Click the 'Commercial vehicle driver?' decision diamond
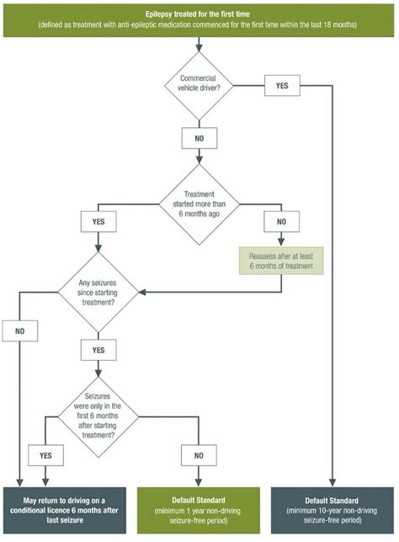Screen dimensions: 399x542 pyautogui.click(x=199, y=86)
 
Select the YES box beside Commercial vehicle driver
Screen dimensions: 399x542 pyautogui.click(x=282, y=85)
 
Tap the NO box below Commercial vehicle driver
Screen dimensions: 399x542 pyautogui.click(x=199, y=138)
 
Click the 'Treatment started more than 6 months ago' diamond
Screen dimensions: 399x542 pyautogui.click(x=199, y=204)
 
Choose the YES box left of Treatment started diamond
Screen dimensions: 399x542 pyautogui.click(x=98, y=222)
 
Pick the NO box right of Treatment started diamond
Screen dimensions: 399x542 pyautogui.click(x=281, y=222)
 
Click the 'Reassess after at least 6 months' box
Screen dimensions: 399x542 pyautogui.click(x=281, y=261)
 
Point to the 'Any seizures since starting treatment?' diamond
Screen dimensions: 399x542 pyautogui.click(x=98, y=292)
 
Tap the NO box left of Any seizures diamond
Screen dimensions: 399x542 pyautogui.click(x=19, y=331)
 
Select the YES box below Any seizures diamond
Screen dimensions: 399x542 pyautogui.click(x=98, y=350)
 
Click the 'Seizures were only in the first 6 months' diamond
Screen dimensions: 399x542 pyautogui.click(x=98, y=417)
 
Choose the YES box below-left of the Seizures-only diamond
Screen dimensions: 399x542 pyautogui.click(x=45, y=455)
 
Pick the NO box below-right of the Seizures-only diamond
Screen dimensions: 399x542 pyautogui.click(x=199, y=455)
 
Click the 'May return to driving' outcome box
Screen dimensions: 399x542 pyautogui.click(x=65, y=511)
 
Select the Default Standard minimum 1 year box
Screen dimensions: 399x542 pyautogui.click(x=199, y=511)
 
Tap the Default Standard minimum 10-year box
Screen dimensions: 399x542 pyautogui.click(x=332, y=511)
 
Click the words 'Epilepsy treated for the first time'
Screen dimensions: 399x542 pyautogui.click(x=198, y=14)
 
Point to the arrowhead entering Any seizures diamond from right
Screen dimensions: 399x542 pyautogui.click(x=142, y=292)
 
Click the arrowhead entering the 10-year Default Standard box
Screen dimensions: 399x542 pyautogui.click(x=332, y=482)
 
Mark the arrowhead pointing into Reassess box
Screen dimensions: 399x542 pyautogui.click(x=281, y=242)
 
